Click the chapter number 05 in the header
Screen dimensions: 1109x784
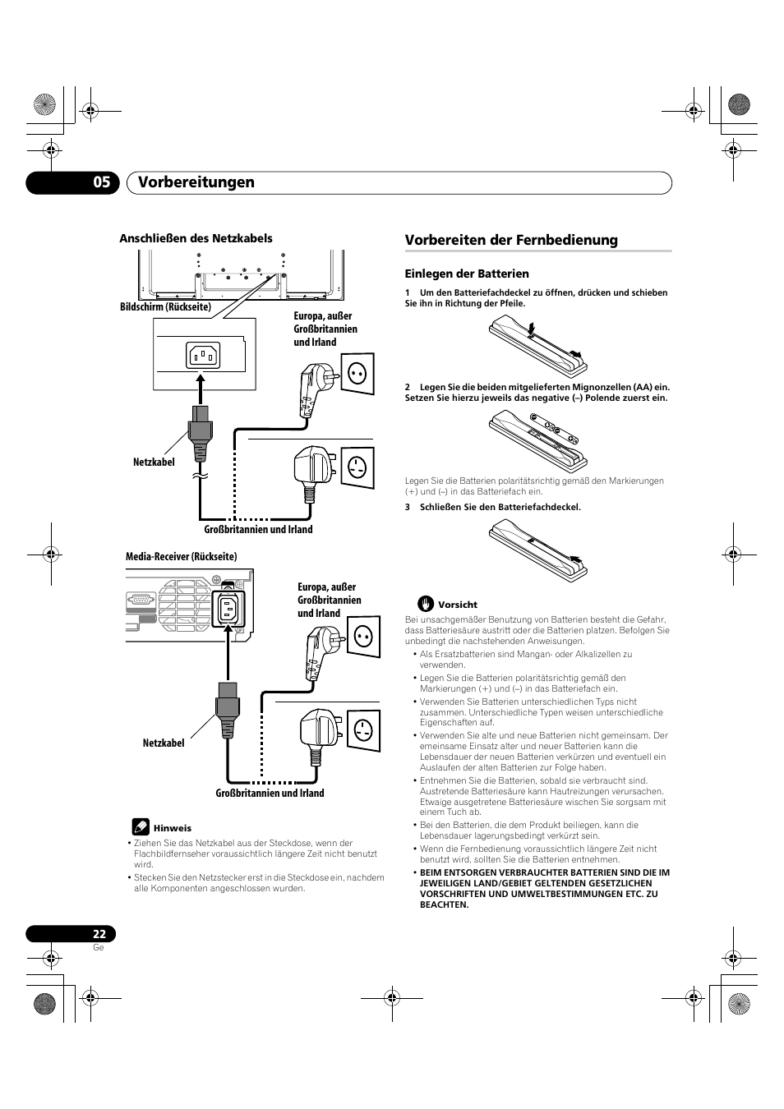click(101, 182)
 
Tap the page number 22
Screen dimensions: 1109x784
click(99, 934)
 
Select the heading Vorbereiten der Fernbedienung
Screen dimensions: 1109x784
click(511, 240)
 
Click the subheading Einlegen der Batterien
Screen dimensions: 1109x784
click(467, 274)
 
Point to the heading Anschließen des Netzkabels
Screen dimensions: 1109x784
click(196, 238)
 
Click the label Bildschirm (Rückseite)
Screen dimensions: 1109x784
click(166, 307)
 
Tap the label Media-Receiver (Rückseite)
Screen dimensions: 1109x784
click(181, 556)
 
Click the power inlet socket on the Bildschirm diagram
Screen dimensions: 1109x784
click(203, 356)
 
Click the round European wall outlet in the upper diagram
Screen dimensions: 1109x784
click(357, 374)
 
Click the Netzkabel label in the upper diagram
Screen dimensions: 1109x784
click(154, 462)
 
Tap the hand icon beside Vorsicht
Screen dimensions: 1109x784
click(425, 604)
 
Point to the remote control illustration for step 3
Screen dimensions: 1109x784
click(537, 549)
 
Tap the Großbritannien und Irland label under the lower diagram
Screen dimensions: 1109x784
click(270, 794)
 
